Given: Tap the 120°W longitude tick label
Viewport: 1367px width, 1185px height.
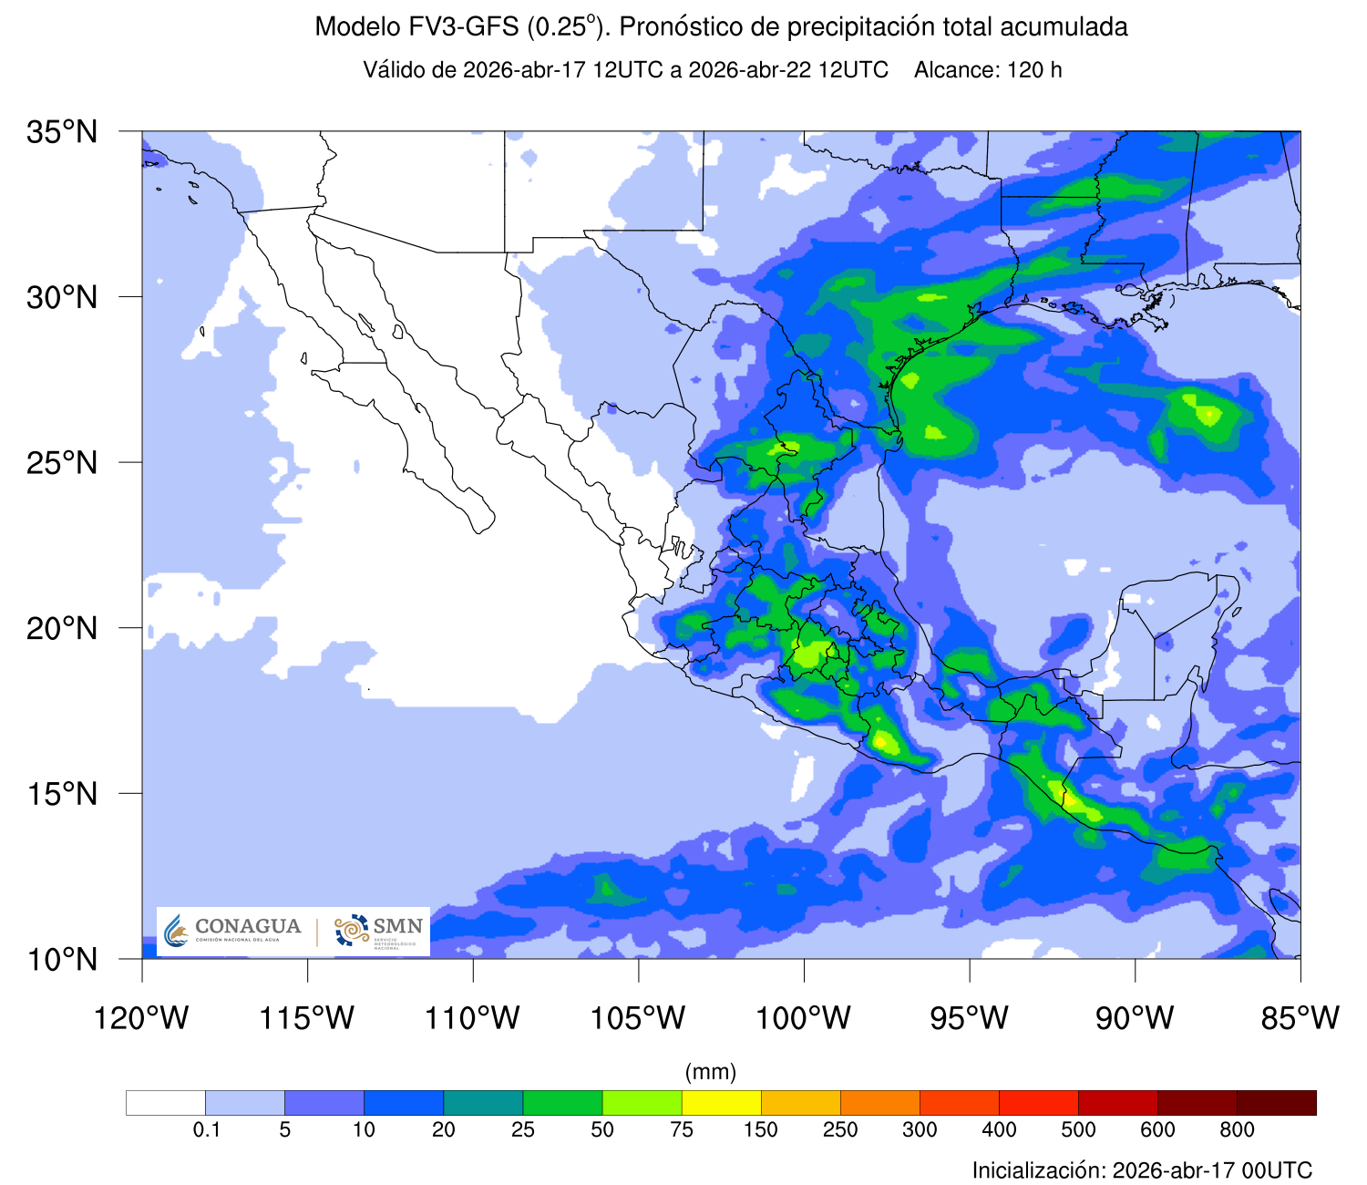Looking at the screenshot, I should [x=141, y=1018].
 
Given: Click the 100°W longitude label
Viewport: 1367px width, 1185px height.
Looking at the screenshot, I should [x=804, y=1018].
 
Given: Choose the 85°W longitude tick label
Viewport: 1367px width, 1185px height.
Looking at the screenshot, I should [x=1300, y=1018].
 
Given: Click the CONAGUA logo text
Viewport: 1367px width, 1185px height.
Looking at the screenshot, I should [x=247, y=927].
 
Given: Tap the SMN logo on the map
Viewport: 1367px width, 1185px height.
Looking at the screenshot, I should [x=379, y=931].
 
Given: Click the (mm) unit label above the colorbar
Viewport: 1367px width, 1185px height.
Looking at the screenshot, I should [x=711, y=1072].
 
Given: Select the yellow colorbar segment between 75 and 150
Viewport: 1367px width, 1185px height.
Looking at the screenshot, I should [x=721, y=1103].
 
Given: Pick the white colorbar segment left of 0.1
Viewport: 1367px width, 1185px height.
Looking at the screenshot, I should [x=166, y=1103].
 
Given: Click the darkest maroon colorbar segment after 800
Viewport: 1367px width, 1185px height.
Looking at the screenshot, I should [x=1276, y=1103].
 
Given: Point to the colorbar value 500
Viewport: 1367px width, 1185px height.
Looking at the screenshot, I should [x=1078, y=1130].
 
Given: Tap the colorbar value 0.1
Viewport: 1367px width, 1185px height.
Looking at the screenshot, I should [x=207, y=1130].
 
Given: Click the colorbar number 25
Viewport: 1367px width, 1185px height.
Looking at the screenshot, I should [x=523, y=1130].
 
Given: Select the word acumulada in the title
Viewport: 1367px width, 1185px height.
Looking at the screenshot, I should [x=1064, y=27].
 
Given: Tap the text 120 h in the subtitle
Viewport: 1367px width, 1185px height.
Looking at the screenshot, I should [x=1034, y=70].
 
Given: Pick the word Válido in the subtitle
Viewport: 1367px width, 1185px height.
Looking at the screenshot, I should [x=395, y=70].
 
